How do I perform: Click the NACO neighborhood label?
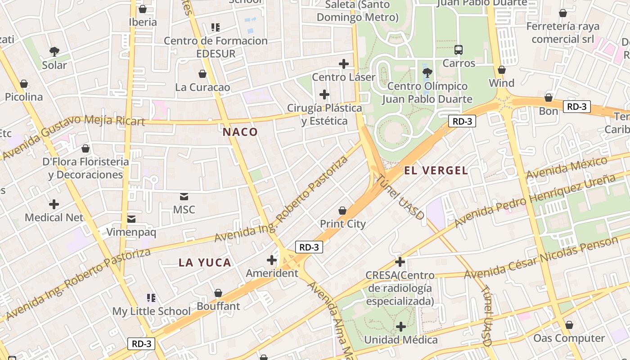click(240, 132)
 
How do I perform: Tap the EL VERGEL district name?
click(436, 171)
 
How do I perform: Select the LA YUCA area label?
click(205, 263)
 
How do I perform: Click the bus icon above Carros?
click(459, 50)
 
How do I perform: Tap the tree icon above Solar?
click(54, 52)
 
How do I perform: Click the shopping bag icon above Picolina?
click(24, 84)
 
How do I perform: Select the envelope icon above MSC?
click(184, 197)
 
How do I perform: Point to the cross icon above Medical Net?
click(54, 204)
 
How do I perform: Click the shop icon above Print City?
click(342, 211)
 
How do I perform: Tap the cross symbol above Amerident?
click(272, 260)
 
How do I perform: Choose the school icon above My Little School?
click(151, 297)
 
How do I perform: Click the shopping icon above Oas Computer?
click(569, 325)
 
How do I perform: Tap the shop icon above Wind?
click(502, 70)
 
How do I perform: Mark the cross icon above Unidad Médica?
click(400, 327)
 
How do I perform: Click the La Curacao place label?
click(202, 87)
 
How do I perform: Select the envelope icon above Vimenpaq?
click(131, 219)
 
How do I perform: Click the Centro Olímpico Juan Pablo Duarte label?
click(427, 92)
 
